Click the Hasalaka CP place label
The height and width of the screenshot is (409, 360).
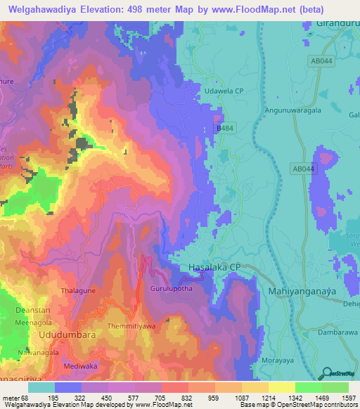(x=214, y=268)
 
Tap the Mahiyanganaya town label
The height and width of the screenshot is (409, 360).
(x=303, y=290)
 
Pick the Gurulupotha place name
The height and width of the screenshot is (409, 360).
(x=171, y=289)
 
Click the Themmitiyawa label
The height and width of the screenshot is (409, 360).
(x=131, y=327)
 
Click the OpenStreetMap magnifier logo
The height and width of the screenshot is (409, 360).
(x=326, y=373)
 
